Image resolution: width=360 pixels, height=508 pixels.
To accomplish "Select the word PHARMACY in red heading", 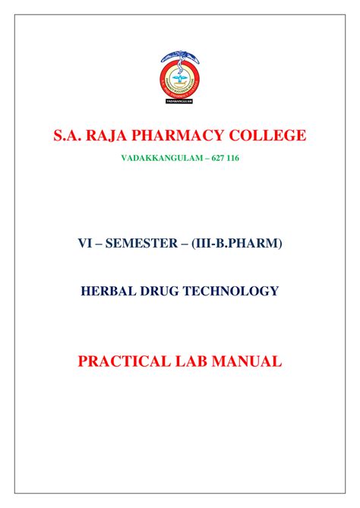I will tap(191, 136).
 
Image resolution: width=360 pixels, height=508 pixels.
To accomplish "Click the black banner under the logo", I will tap(179, 100).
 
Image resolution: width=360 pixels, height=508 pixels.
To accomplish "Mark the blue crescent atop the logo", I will tap(179, 57).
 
